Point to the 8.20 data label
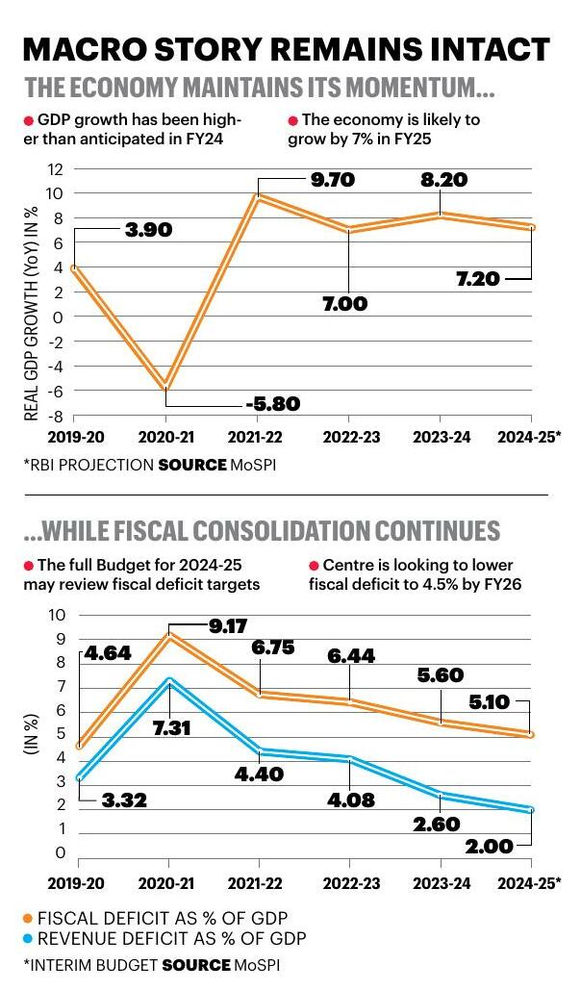[x=441, y=180]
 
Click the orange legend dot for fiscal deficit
[x=27, y=917]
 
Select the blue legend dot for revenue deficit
[x=27, y=938]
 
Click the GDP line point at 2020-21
[x=166, y=386]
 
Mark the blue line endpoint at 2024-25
[x=530, y=810]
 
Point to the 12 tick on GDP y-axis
[x=55, y=169]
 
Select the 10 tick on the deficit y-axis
[x=56, y=615]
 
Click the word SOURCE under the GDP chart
[x=191, y=464]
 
